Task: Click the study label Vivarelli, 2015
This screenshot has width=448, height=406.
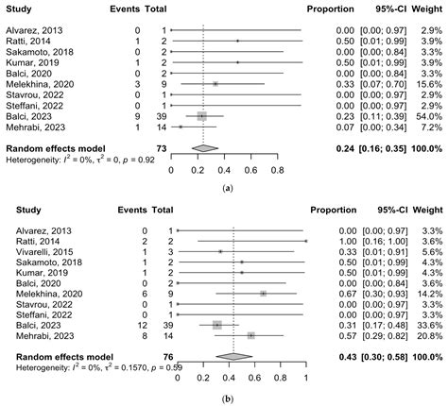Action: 34,252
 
